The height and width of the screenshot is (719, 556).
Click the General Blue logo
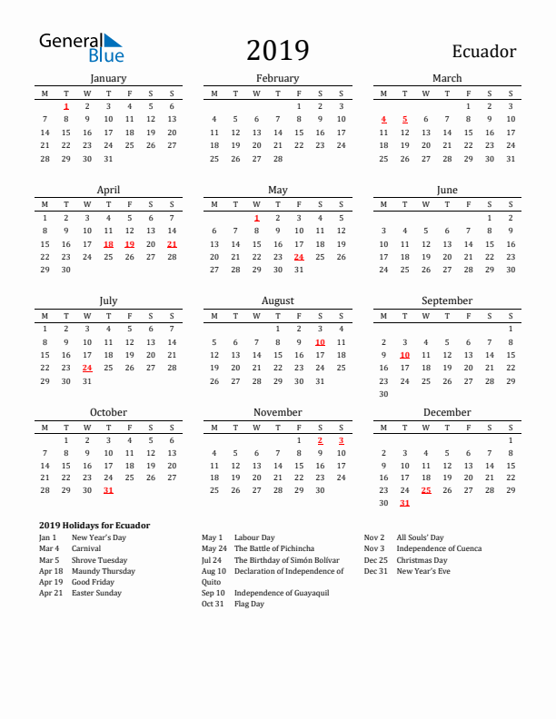(x=81, y=47)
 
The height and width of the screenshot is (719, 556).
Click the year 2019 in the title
(x=277, y=51)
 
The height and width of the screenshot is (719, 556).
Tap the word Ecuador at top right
(x=482, y=52)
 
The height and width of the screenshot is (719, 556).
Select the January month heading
(x=108, y=78)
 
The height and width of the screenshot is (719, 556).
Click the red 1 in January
(x=66, y=106)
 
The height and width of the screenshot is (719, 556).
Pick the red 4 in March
(x=383, y=119)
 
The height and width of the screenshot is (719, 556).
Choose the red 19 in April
(x=129, y=244)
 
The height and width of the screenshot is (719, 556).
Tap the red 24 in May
(x=299, y=257)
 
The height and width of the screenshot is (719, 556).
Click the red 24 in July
(x=87, y=369)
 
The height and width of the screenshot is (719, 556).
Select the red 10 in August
(x=320, y=342)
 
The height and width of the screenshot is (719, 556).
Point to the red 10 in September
(x=405, y=355)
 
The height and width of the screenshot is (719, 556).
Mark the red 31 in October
(x=108, y=490)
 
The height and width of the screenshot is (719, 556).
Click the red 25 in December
(x=426, y=490)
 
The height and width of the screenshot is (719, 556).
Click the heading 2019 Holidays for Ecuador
(x=94, y=526)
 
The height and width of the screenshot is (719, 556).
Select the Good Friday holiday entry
(x=94, y=582)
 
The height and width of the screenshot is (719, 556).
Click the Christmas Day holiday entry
(x=422, y=560)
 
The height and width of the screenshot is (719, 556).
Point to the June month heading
(x=447, y=190)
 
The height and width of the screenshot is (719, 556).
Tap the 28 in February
(x=278, y=158)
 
